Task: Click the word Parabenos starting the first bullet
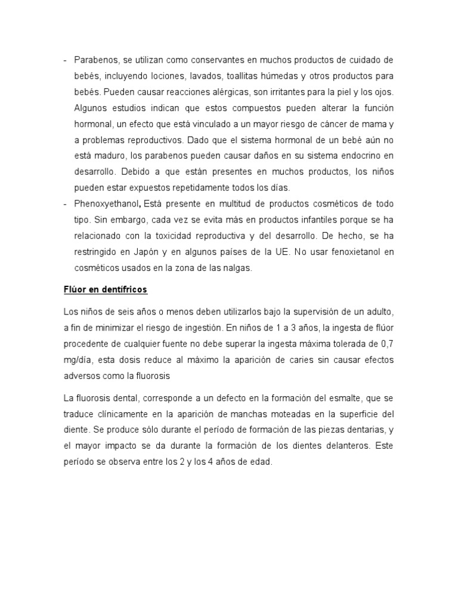93,60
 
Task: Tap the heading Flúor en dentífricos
106,290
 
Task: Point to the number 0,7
387,344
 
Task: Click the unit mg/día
78,360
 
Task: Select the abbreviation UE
281,252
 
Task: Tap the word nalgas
238,268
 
